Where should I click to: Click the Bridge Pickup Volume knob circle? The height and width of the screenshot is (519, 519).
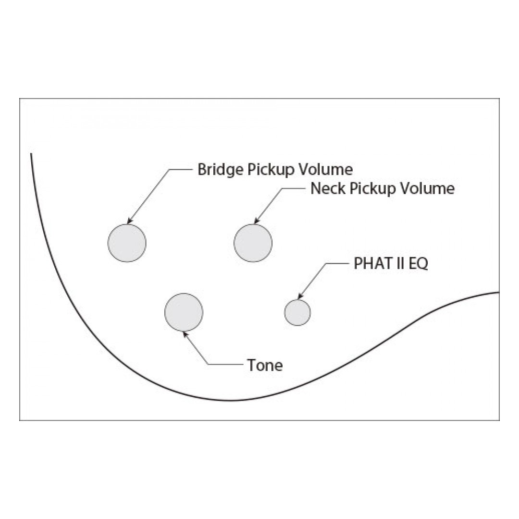tap(127, 243)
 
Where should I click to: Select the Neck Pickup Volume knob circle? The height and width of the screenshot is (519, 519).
tap(253, 243)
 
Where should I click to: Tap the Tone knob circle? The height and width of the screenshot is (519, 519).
tap(184, 312)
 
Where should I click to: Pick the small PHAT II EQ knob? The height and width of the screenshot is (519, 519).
tap(297, 312)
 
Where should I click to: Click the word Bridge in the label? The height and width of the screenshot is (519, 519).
tap(221, 170)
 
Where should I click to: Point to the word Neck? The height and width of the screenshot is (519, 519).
tap(329, 189)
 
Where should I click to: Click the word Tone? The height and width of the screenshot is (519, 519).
tap(265, 365)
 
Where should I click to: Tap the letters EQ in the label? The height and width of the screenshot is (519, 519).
tap(418, 264)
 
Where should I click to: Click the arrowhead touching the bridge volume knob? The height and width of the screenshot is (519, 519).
tap(130, 221)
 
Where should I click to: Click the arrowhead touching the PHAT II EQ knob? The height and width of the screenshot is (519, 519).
tap(300, 296)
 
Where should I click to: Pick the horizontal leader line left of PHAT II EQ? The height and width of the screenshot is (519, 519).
tap(337, 263)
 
